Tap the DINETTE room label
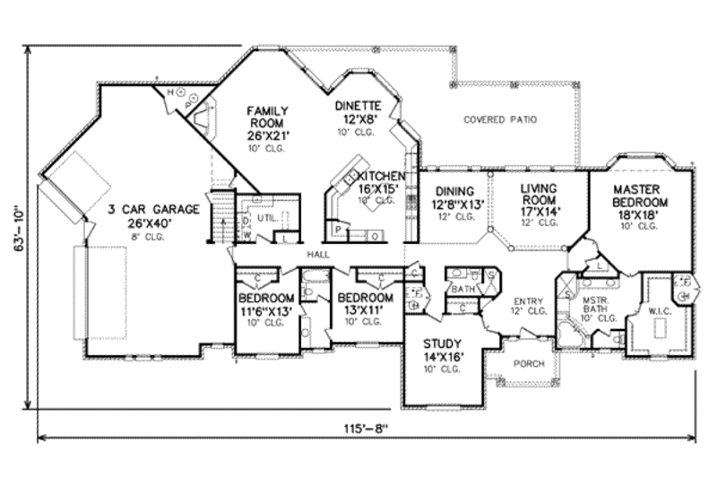[358, 105]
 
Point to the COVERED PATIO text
[500, 119]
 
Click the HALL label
[316, 255]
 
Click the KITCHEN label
[380, 176]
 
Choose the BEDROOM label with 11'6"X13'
[266, 298]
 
